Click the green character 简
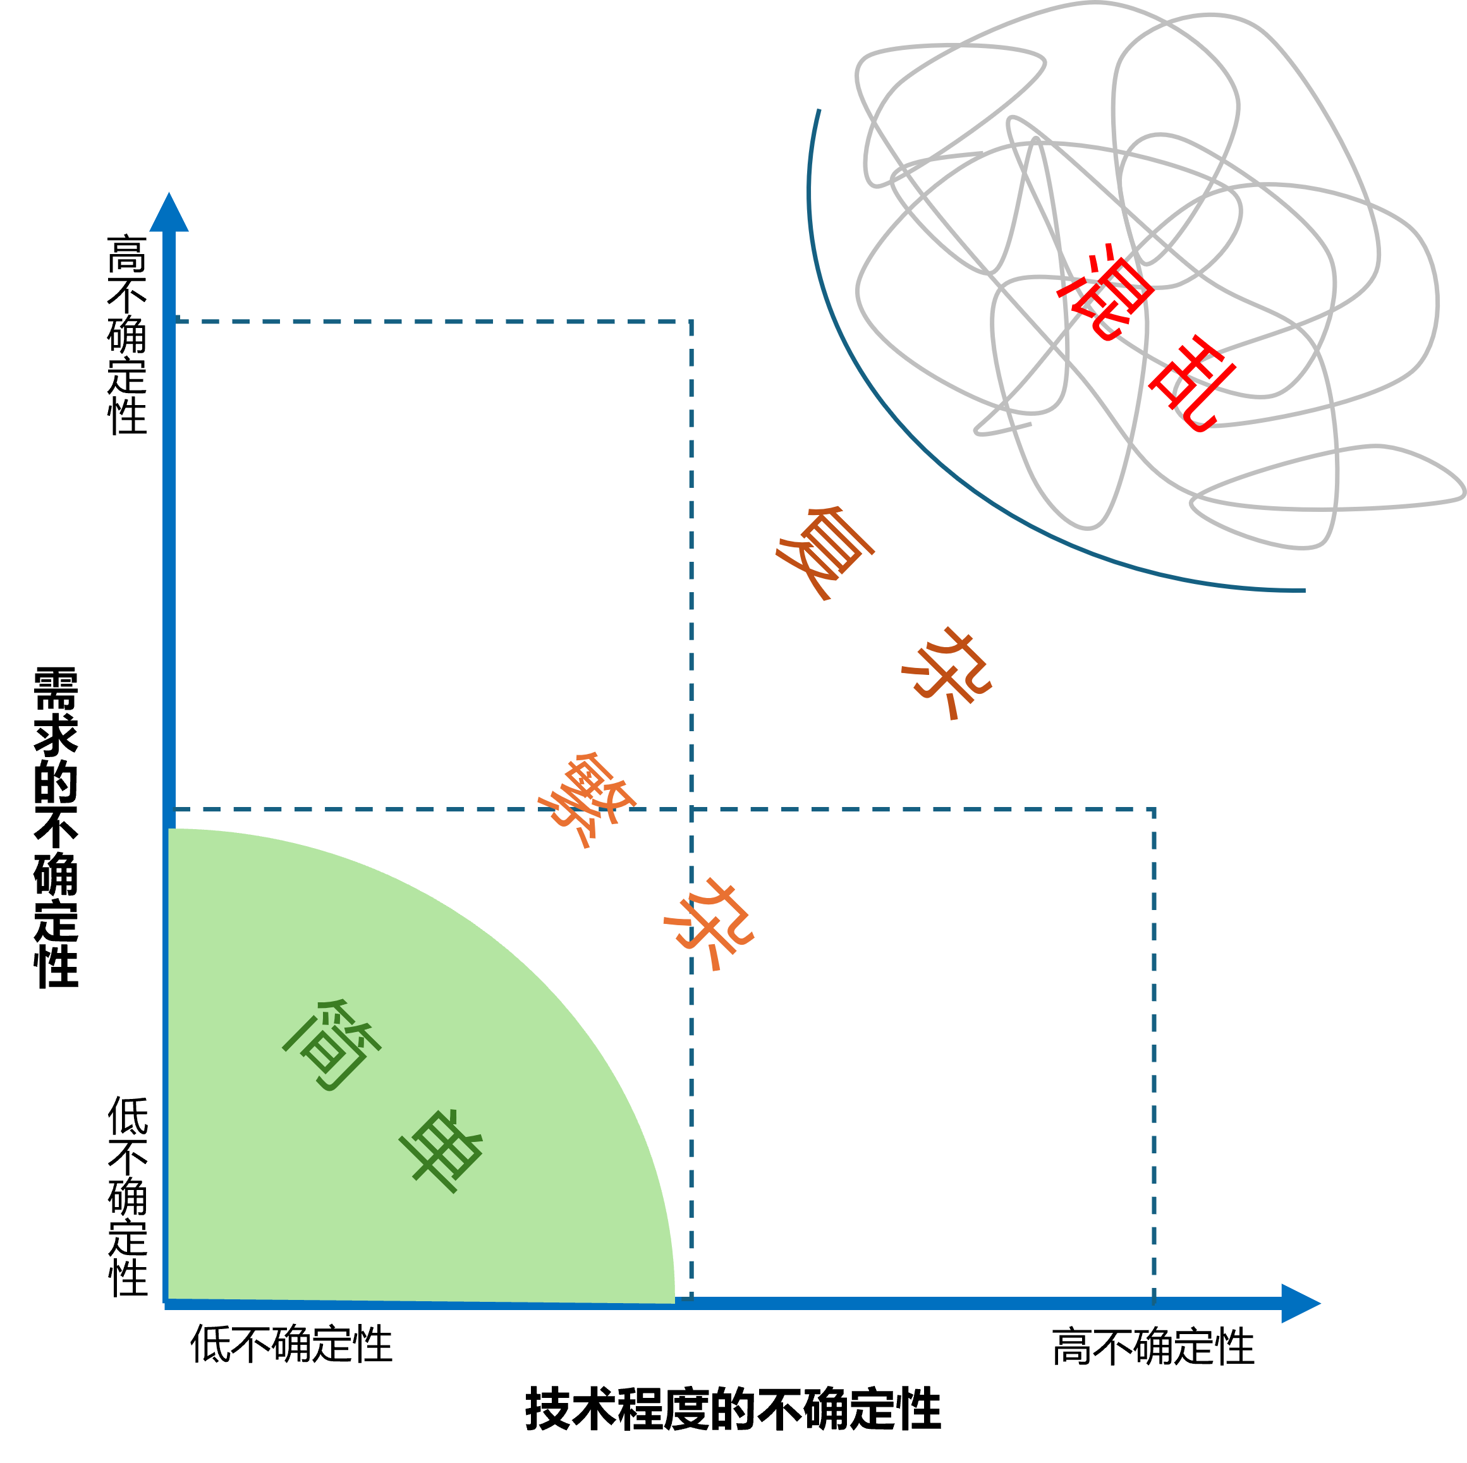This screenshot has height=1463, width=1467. (x=332, y=1045)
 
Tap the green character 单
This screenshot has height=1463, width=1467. (x=441, y=1150)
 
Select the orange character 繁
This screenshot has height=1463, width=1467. (x=585, y=799)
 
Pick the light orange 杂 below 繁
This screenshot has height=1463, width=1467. (x=709, y=924)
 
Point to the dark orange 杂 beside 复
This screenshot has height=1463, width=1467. (x=947, y=672)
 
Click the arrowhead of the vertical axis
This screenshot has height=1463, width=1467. (x=169, y=212)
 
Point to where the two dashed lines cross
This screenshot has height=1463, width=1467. (x=691, y=810)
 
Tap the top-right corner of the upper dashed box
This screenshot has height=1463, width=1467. (x=691, y=322)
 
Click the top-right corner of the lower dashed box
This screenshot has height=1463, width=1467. (x=1154, y=810)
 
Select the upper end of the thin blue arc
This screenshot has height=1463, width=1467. (x=819, y=110)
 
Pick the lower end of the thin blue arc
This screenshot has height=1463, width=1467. (x=1305, y=590)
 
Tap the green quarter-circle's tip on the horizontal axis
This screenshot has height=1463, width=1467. (x=674, y=1302)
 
